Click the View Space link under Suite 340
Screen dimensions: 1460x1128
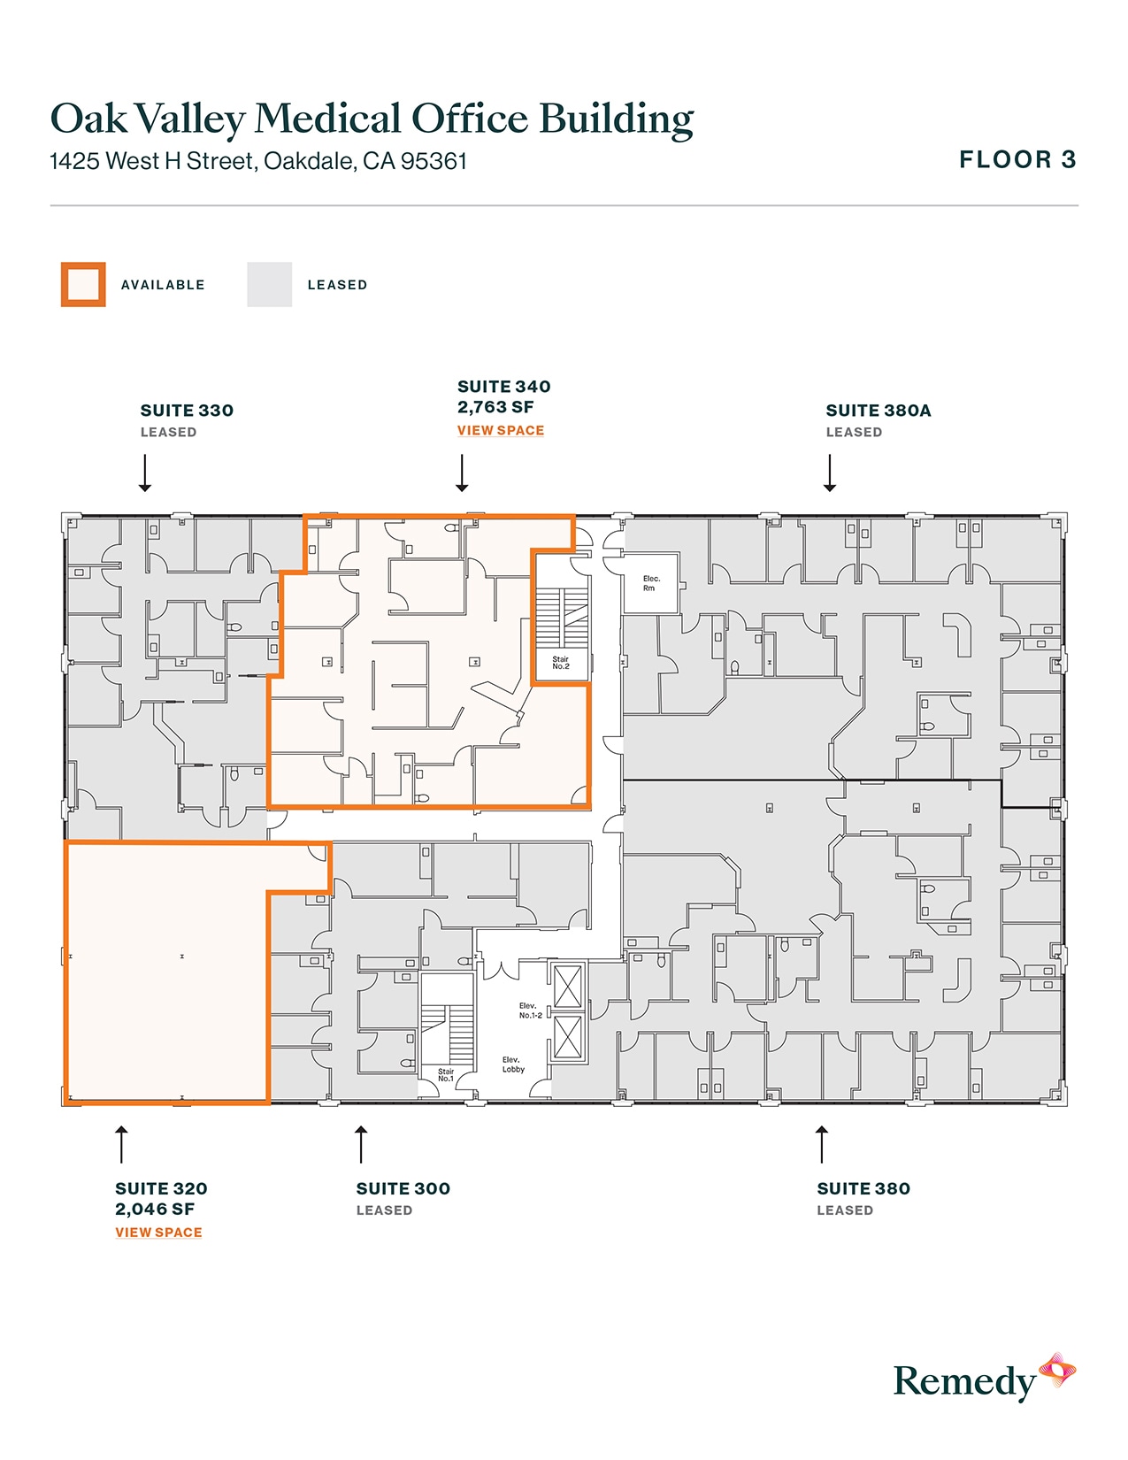pos(500,430)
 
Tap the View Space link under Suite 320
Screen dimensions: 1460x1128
pos(158,1232)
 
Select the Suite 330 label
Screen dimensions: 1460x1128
pos(187,411)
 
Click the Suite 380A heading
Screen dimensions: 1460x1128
pos(878,411)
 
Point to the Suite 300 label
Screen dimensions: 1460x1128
pos(403,1188)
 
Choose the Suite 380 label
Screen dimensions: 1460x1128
pos(863,1188)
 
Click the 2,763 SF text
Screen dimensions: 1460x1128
pos(495,407)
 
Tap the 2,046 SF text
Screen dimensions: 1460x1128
pos(155,1210)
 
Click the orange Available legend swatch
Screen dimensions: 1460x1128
pos(83,285)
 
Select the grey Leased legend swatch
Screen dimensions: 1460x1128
pos(269,285)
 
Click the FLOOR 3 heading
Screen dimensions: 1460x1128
pos(1017,160)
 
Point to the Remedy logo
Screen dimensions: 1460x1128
pos(982,1379)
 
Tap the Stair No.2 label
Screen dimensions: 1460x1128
pos(561,663)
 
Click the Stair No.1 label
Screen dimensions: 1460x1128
pos(446,1075)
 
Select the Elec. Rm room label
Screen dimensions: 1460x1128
pos(650,583)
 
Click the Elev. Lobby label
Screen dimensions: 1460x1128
pos(513,1064)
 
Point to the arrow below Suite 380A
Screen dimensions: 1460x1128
pos(830,473)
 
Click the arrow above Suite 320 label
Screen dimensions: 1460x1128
pos(121,1144)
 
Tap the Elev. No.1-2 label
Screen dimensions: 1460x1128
pos(530,1010)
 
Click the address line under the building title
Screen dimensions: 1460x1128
pos(257,162)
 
